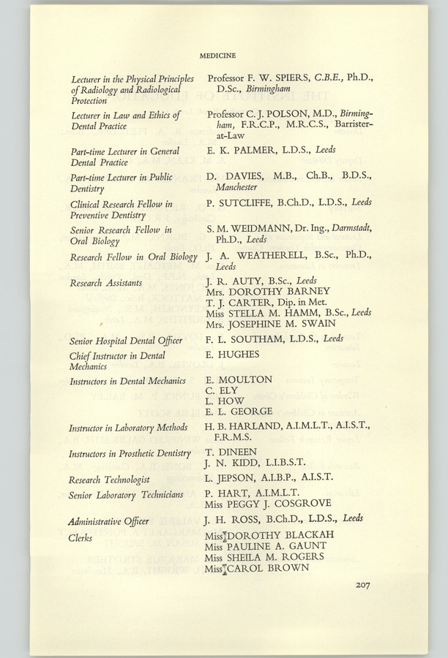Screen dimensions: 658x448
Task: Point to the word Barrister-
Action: click(347, 126)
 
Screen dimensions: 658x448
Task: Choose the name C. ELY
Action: click(223, 390)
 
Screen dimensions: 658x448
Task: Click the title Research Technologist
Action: click(110, 480)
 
